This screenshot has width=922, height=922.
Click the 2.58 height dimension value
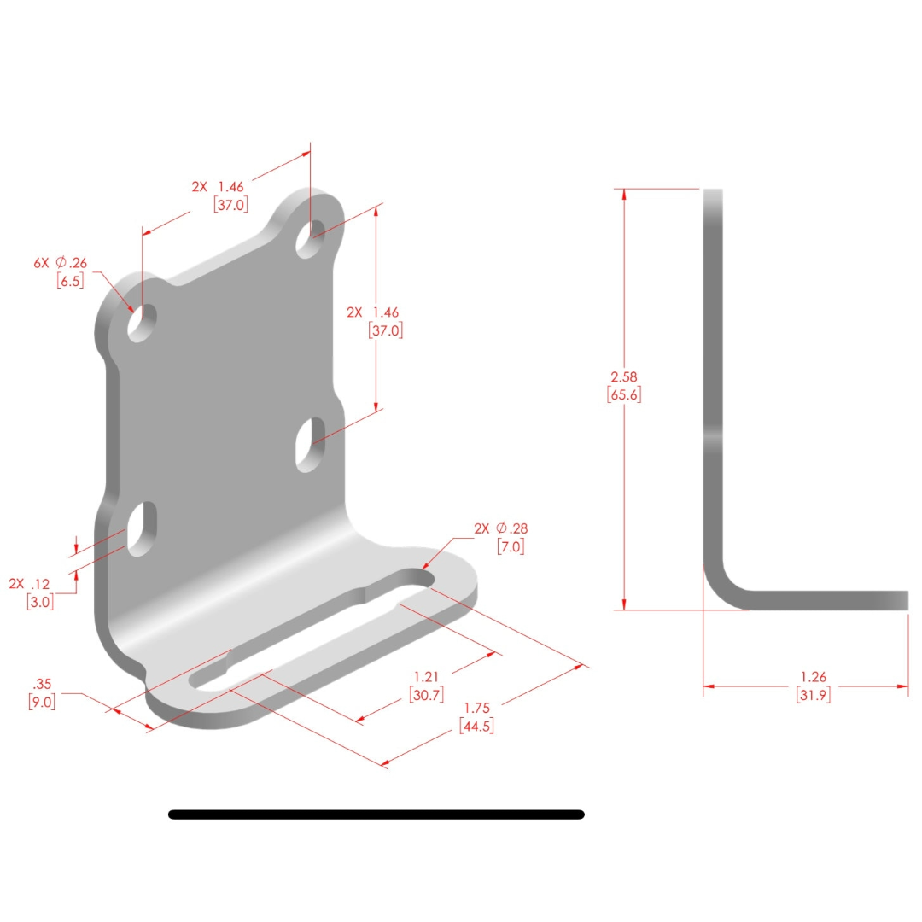tap(624, 376)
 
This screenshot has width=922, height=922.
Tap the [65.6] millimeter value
tap(624, 394)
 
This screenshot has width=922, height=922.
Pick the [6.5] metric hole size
tap(70, 280)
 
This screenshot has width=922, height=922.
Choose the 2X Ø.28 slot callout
tap(502, 528)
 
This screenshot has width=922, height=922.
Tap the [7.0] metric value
tap(510, 546)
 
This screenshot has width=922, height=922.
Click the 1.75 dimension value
tap(476, 709)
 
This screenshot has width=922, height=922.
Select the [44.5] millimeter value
tap(476, 727)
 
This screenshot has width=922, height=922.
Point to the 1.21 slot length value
tap(427, 677)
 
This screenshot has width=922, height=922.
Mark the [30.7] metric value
tap(427, 695)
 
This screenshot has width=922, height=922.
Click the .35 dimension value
tap(40, 684)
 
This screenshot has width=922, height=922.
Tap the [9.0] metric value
tap(42, 703)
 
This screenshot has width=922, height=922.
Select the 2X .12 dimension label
tap(31, 584)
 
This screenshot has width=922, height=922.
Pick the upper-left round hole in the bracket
tap(142, 323)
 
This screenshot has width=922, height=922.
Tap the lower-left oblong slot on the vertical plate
tap(143, 529)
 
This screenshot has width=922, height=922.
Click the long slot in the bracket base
tap(312, 627)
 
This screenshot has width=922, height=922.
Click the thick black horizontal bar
tap(376, 814)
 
